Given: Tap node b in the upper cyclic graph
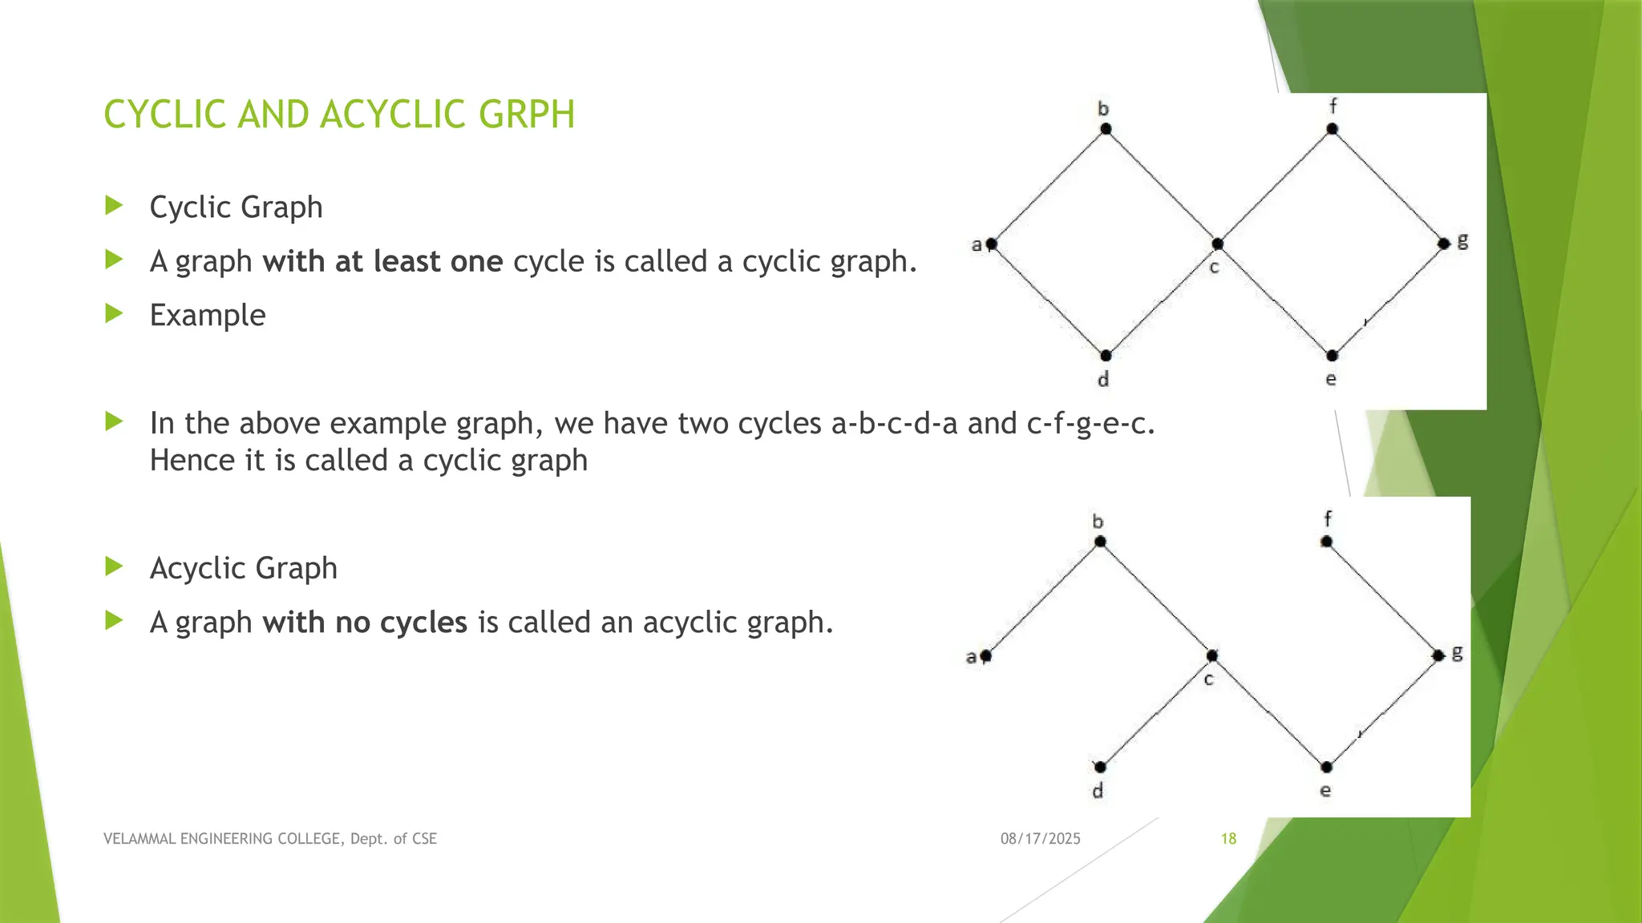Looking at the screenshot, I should click(x=1106, y=129).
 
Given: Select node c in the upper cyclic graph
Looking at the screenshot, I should click(x=1217, y=244).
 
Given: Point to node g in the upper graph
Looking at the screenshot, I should click(x=1443, y=244).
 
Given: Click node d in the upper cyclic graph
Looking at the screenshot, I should click(x=1106, y=355).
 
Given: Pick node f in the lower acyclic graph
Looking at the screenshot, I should click(x=1326, y=542).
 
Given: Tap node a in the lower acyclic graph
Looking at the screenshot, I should click(x=985, y=656).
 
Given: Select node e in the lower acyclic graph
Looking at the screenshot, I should click(x=1326, y=768).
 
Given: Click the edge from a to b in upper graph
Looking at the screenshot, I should click(x=1048, y=187).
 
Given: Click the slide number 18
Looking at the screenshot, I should click(x=1228, y=839).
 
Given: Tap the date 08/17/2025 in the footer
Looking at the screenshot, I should click(x=1040, y=839).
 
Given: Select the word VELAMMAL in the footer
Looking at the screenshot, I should click(x=137, y=839).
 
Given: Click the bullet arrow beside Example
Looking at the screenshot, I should click(x=114, y=313).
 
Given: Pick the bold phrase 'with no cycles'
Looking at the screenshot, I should click(x=365, y=623).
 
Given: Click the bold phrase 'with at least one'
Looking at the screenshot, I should click(x=382, y=262).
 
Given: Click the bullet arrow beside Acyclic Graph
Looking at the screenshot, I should click(x=114, y=566).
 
